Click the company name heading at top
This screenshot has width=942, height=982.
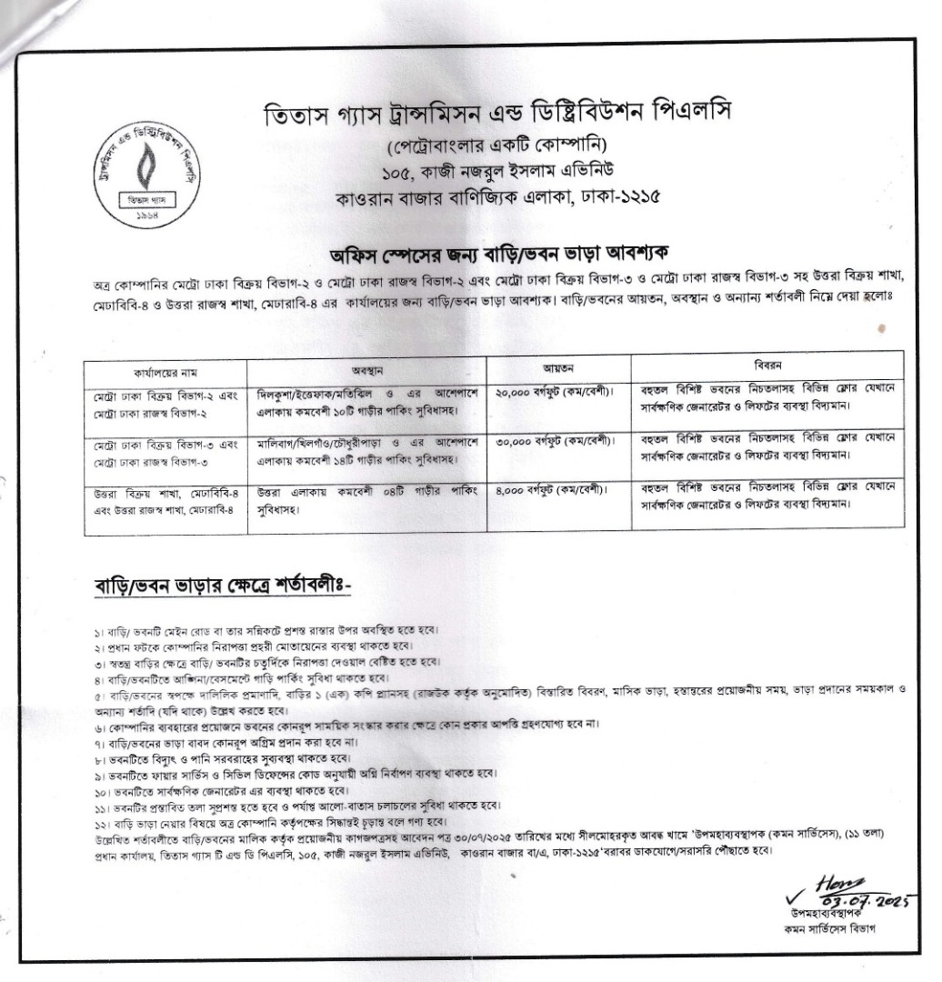pos(496,116)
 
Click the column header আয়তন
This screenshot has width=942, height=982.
pos(556,369)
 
